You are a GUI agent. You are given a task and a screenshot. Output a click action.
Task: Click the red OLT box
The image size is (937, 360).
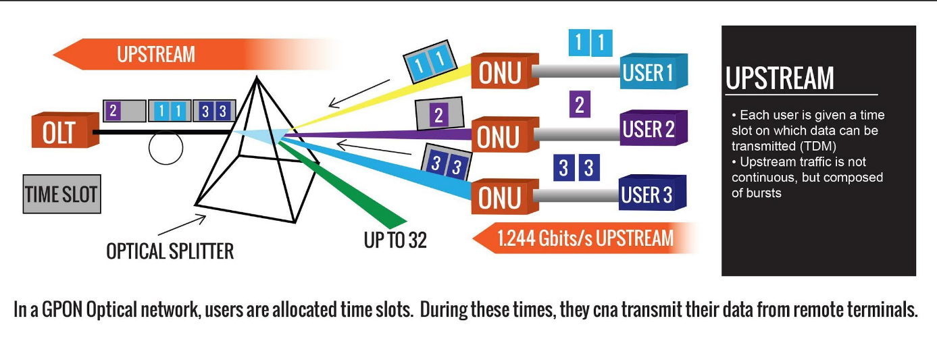(61, 132)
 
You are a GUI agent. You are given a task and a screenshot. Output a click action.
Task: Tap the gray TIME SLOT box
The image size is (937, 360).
(61, 196)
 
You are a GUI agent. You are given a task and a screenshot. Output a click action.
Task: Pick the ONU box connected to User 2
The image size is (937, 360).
(500, 135)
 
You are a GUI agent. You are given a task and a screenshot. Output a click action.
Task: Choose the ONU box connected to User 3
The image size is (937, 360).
(500, 196)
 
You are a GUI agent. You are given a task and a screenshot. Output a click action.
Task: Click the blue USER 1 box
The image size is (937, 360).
(653, 72)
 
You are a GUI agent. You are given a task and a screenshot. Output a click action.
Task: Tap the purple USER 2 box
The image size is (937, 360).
(653, 128)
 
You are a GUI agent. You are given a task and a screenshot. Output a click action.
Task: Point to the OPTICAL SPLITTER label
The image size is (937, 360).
(170, 251)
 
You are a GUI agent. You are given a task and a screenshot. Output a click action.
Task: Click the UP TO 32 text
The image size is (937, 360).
(395, 240)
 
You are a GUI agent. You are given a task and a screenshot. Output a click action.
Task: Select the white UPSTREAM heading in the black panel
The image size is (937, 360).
(780, 78)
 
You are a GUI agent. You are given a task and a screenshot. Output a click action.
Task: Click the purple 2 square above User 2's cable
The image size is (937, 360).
(579, 105)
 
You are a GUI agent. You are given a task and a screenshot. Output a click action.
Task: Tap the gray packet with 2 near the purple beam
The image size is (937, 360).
(438, 114)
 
